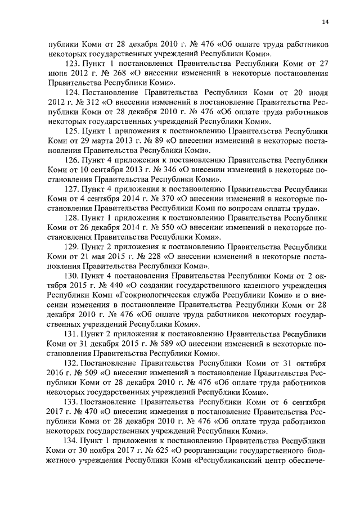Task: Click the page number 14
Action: [325, 22]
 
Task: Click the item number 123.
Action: [73, 64]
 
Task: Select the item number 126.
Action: [73, 160]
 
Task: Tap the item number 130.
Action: [73, 276]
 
